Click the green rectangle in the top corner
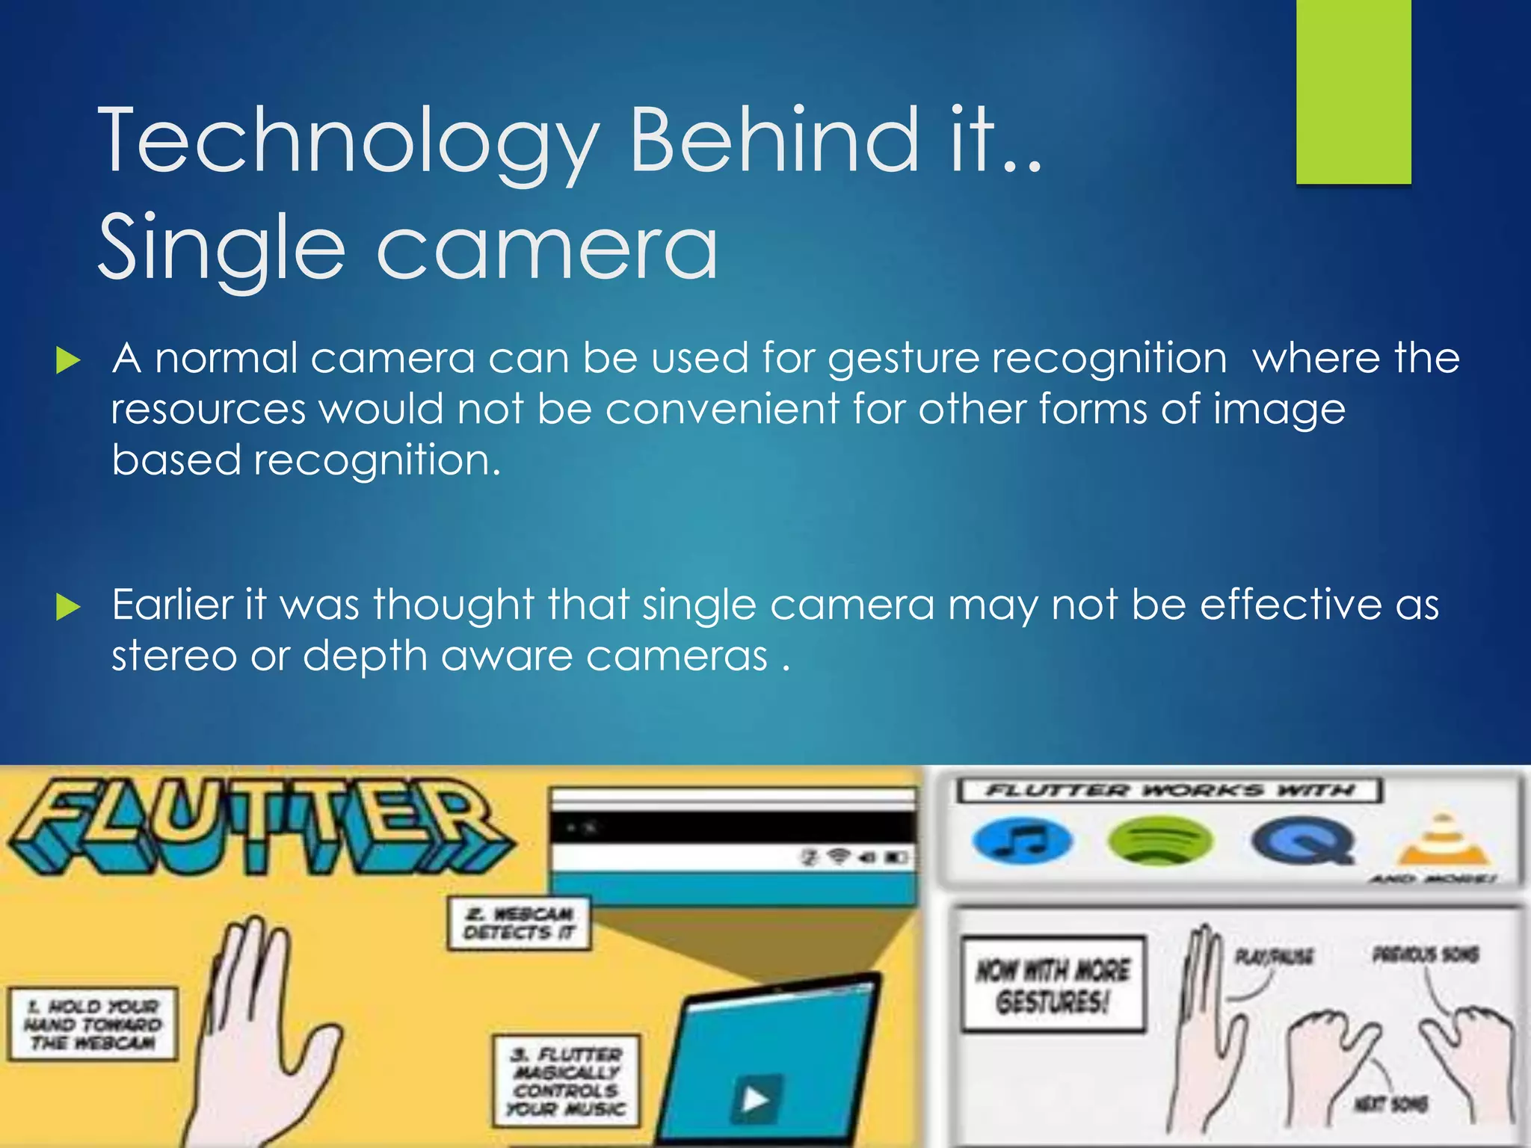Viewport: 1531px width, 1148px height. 1353,91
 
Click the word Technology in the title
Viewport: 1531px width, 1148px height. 348,141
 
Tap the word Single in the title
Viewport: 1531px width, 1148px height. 221,248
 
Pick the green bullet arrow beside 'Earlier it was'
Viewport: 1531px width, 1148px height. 68,607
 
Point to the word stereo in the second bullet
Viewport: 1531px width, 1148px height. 174,656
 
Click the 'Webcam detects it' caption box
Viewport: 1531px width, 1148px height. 519,924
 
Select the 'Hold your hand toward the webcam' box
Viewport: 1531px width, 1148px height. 93,1025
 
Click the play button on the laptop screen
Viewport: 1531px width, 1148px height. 756,1099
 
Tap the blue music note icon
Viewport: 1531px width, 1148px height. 1022,841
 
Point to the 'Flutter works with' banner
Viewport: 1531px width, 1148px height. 1169,791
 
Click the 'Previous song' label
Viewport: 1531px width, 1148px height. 1425,954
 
